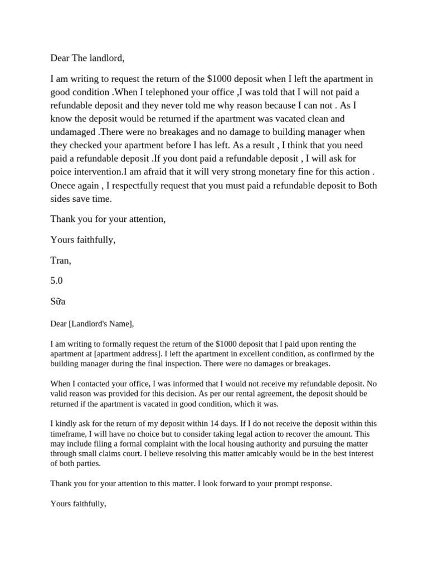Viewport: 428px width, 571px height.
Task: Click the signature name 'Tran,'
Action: [61, 260]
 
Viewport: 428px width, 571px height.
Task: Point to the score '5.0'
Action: [57, 280]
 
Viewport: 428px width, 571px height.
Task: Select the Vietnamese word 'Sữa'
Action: [58, 301]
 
